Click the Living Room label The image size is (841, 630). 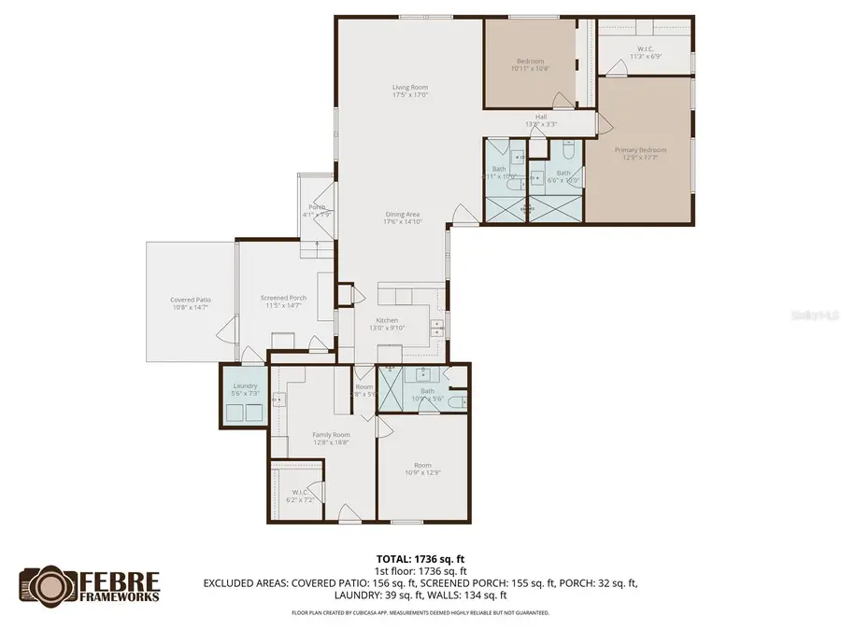(409, 88)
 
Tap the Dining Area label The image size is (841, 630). (402, 215)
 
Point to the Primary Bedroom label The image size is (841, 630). (640, 150)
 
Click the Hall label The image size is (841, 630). (541, 117)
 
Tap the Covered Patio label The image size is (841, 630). (190, 300)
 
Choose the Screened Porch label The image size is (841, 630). (283, 299)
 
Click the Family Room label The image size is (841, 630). (331, 435)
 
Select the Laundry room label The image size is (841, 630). (245, 385)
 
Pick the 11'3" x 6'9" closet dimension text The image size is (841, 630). (645, 57)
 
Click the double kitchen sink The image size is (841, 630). (436, 327)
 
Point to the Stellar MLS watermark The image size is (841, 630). (815, 316)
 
